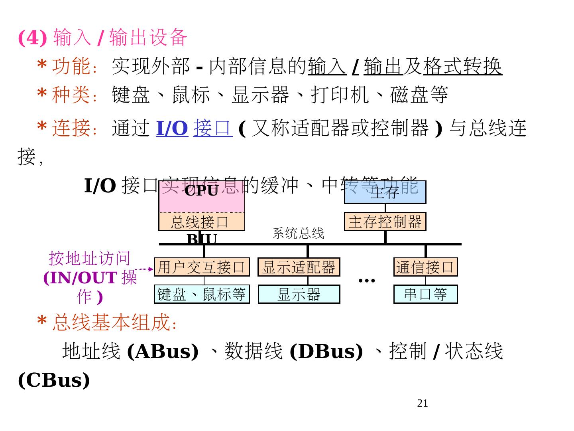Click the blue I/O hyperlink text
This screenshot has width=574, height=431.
172,128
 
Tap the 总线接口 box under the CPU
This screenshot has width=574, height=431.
201,222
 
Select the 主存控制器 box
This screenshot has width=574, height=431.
385,221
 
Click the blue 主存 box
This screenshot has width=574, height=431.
385,192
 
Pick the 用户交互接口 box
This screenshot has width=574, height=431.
202,267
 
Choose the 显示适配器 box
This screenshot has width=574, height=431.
299,267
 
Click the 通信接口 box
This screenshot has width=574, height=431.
425,267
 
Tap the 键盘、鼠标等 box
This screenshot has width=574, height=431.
202,294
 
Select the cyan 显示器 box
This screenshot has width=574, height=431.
299,294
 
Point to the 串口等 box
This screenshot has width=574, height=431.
425,294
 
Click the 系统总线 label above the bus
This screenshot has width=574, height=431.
298,233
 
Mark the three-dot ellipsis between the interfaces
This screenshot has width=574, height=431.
367,281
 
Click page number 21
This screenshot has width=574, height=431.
422,403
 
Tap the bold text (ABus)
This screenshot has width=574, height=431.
163,351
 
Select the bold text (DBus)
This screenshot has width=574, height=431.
326,351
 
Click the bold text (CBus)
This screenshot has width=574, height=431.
54,380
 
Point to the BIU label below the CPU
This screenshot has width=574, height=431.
202,239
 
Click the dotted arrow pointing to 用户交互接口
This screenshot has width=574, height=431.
144,269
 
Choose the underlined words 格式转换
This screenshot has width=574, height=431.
462,66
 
